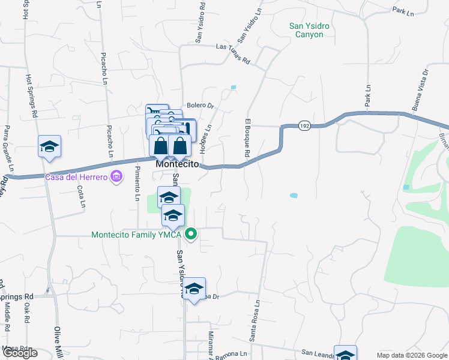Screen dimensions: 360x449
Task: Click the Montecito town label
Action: point(177,163)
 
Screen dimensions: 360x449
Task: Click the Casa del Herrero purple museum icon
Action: point(116,176)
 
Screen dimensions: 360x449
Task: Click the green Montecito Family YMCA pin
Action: point(191,234)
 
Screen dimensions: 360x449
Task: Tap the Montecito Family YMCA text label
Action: point(137,235)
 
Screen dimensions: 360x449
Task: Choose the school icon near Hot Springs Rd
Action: point(50,147)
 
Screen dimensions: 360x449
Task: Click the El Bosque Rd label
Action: point(247,138)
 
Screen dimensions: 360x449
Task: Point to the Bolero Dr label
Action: point(200,106)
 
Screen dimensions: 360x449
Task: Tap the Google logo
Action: point(20,353)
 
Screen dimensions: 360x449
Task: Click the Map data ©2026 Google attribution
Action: point(411,355)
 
